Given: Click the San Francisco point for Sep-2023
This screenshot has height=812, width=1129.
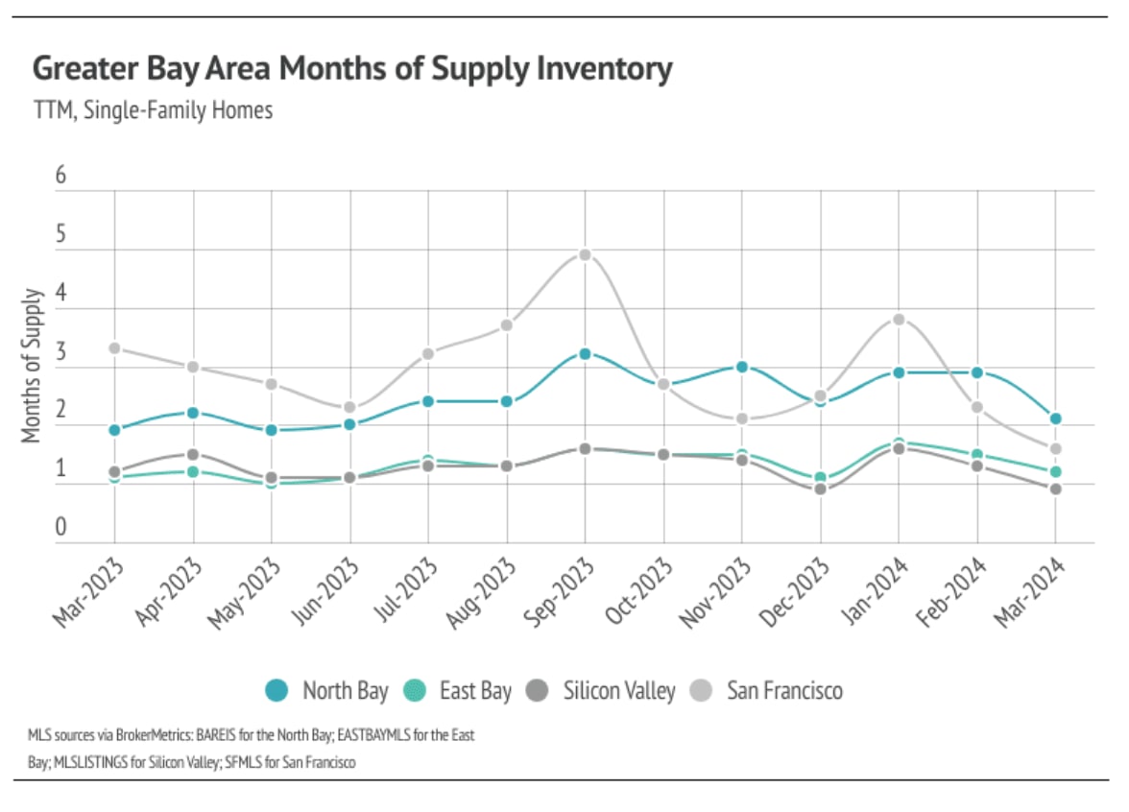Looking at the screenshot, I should click(585, 254).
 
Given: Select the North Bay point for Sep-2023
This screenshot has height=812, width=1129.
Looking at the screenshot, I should click(585, 353).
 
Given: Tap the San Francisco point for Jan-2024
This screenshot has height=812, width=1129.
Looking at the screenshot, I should click(899, 319).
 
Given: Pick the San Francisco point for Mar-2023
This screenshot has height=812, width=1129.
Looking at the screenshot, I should click(114, 347).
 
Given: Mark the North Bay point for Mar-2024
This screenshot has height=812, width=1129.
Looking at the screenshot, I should click(1055, 418).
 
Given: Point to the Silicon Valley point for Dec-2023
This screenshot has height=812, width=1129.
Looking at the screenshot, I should click(820, 490).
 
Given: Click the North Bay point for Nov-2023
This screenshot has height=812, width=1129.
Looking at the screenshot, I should click(742, 366).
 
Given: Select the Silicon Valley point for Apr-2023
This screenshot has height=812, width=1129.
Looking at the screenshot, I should click(193, 454).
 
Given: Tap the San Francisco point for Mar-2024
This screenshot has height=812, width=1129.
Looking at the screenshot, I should click(1055, 448).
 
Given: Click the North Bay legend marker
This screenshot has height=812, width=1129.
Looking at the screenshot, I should click(276, 690).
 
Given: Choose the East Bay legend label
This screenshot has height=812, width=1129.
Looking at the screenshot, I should click(475, 690).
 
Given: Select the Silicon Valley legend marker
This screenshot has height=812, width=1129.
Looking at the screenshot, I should click(538, 690).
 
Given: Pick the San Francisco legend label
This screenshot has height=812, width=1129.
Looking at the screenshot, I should click(784, 690).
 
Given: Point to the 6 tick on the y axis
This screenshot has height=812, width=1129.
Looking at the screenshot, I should click(61, 175).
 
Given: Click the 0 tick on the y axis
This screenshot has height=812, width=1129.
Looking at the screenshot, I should click(61, 526).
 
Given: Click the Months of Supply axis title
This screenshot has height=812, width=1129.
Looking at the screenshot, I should click(32, 366).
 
